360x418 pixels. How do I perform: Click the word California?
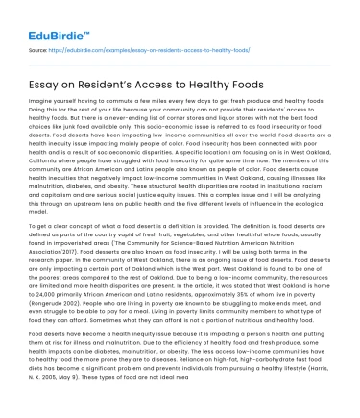pyautogui.click(x=40, y=164)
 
